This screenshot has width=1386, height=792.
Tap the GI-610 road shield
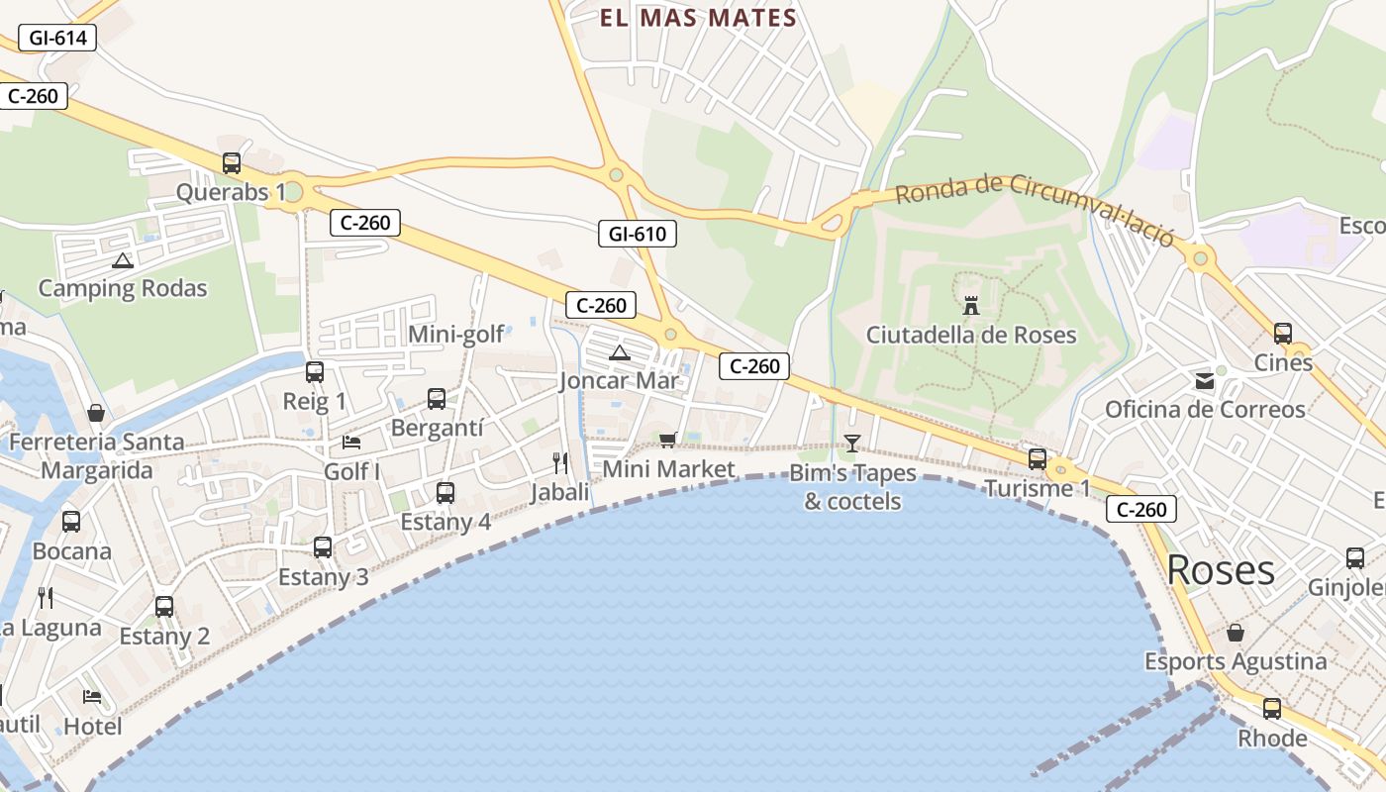(x=638, y=234)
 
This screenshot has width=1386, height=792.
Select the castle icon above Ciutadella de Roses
(x=971, y=306)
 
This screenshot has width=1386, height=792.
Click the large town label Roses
(x=1221, y=570)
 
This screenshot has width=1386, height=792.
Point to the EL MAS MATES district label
(x=698, y=18)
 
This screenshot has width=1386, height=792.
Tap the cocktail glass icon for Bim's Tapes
(x=852, y=443)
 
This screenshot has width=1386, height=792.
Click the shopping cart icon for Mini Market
(x=668, y=440)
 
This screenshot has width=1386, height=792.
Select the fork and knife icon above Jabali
(x=560, y=462)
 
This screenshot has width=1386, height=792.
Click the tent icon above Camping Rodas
(x=123, y=260)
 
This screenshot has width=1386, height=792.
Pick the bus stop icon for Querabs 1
(x=232, y=163)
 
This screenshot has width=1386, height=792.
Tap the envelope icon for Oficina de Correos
(x=1205, y=381)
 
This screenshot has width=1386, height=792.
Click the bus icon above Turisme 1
(x=1038, y=458)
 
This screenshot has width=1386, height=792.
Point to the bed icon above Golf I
(x=351, y=443)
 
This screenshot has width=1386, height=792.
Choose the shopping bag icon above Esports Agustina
(x=1236, y=632)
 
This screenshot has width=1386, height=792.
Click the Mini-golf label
(x=456, y=335)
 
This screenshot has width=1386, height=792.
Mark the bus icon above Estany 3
(x=323, y=547)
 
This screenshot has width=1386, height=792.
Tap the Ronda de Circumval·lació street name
(x=1035, y=210)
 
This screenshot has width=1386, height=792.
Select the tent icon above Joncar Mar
(x=620, y=352)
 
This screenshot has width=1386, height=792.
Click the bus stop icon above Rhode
(x=1272, y=709)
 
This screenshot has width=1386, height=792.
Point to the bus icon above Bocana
(x=71, y=522)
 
